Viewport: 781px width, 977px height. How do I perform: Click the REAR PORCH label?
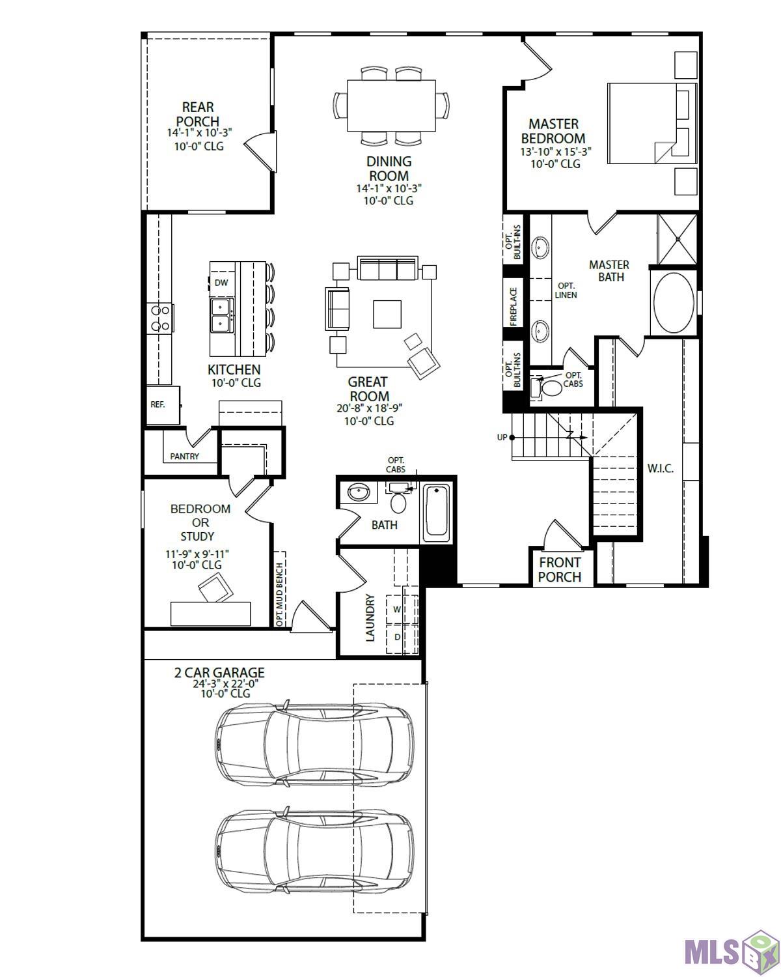198,114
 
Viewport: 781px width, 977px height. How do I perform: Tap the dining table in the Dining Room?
391,105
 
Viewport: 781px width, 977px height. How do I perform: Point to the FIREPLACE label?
514,306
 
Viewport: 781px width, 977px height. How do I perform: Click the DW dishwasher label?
221,283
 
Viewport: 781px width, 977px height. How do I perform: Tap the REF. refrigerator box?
158,404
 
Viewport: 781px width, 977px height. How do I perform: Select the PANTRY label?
184,457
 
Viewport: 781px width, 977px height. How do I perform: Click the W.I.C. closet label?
660,468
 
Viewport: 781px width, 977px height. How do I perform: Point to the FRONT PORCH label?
560,569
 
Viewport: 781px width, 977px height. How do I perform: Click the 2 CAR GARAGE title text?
219,673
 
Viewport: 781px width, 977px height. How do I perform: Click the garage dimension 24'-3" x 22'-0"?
225,684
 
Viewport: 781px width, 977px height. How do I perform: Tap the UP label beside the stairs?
502,437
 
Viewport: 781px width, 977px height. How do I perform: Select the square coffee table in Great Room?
387,314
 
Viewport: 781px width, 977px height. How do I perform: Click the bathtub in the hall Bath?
436,512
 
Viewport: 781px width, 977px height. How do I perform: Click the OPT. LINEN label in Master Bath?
566,290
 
